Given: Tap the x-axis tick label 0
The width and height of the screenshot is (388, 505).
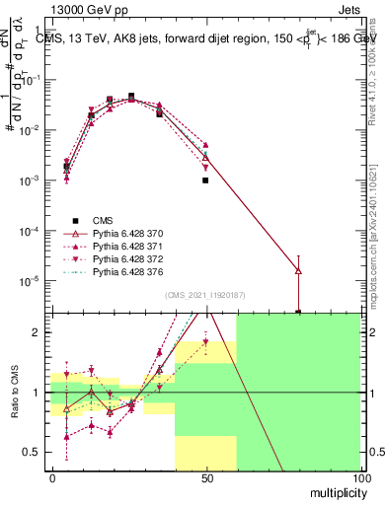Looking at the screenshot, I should [x=51, y=477].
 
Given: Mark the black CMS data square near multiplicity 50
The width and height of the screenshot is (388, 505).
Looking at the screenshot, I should [x=205, y=180].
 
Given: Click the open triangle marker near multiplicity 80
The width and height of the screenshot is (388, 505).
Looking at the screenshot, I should [x=298, y=270].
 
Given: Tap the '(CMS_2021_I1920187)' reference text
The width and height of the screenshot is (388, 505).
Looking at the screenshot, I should [x=205, y=295].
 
